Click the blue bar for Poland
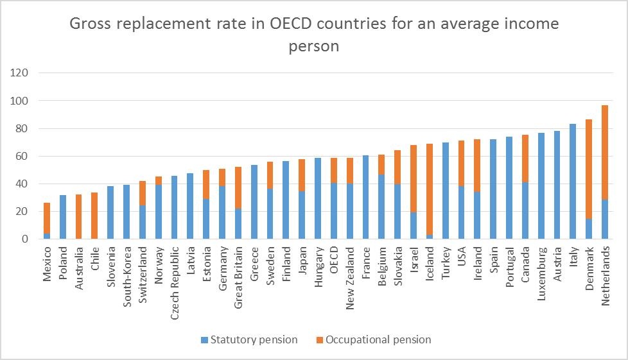tap(63, 217)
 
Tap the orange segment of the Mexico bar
tap(47, 218)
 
